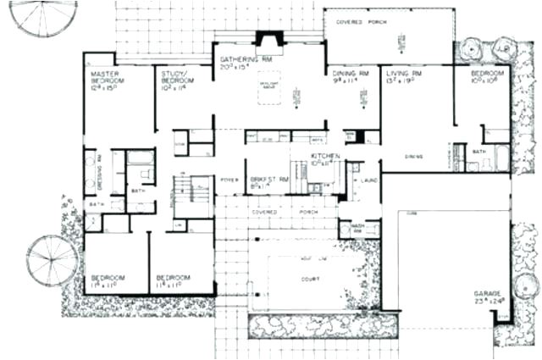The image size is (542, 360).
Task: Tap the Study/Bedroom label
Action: (x=177, y=78)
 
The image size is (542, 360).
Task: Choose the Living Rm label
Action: (x=406, y=74)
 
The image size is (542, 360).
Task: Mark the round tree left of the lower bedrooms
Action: (x=52, y=258)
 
